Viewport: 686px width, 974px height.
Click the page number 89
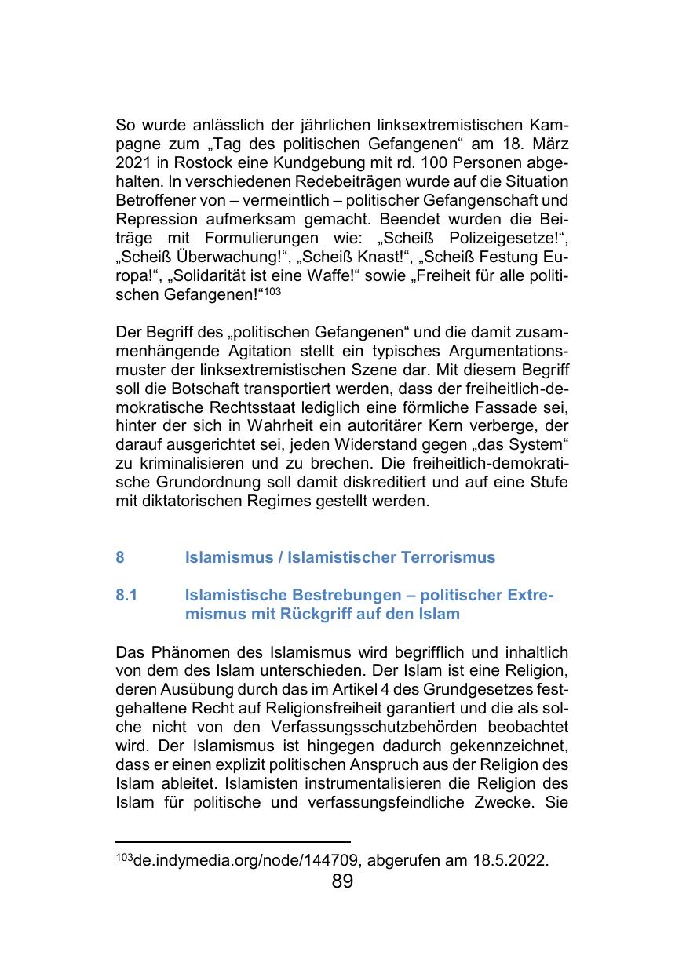click(342, 881)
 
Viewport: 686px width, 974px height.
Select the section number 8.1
click(126, 596)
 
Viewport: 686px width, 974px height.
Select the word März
click(547, 144)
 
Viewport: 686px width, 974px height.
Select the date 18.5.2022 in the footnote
click(509, 860)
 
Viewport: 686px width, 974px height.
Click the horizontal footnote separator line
click(232, 841)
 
